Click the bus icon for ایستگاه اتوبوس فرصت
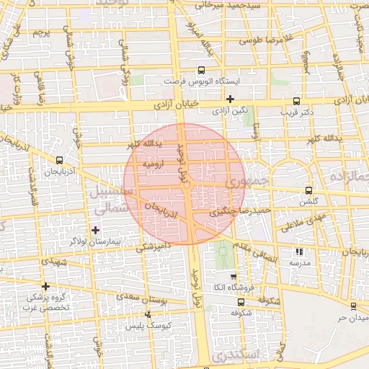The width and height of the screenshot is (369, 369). [x=200, y=71]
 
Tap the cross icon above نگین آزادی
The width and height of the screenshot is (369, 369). [x=230, y=99]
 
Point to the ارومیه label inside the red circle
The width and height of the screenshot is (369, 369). [x=157, y=164]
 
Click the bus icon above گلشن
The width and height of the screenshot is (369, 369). [x=309, y=191]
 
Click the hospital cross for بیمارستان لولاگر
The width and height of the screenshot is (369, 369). [x=95, y=229]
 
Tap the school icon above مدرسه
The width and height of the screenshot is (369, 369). [x=299, y=252]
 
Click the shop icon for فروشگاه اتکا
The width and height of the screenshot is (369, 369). [x=232, y=276]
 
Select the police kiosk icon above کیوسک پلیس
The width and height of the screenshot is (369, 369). [x=148, y=314]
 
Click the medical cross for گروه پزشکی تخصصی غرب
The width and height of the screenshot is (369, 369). [x=45, y=286]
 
